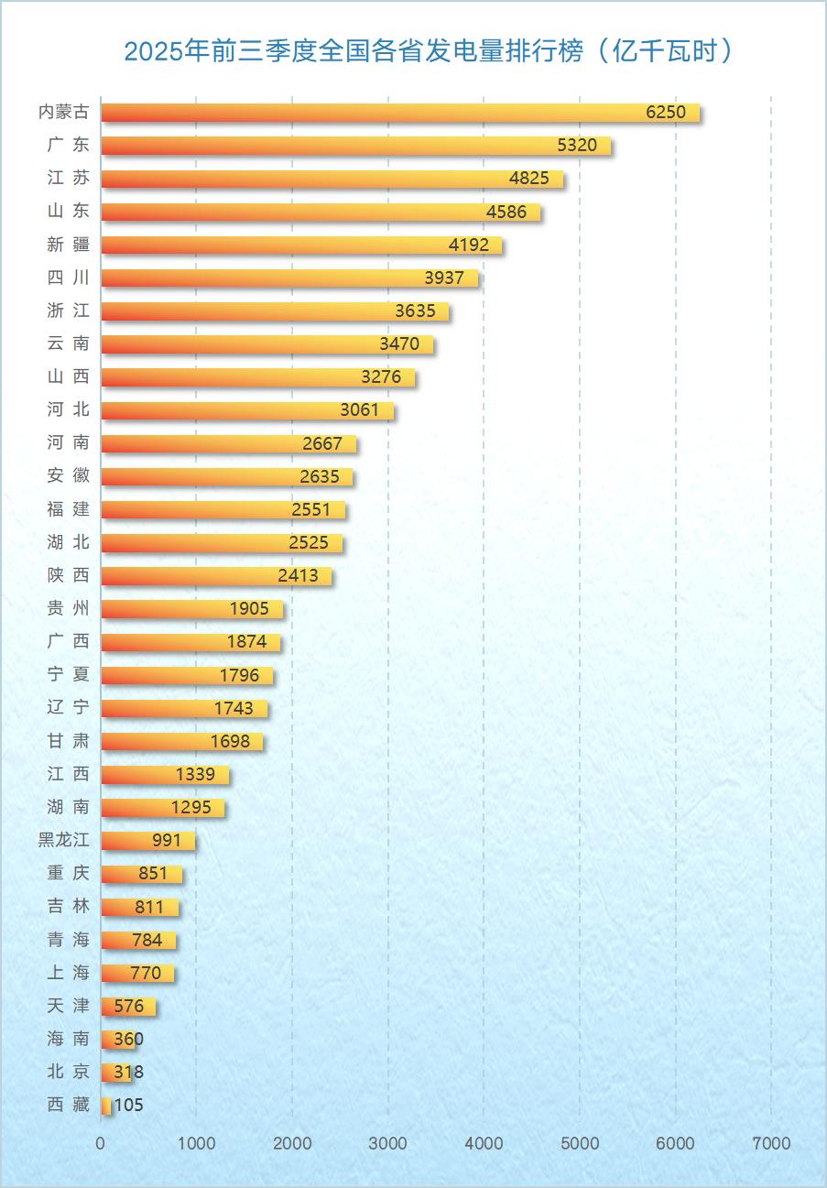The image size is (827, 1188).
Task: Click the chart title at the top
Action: click(429, 51)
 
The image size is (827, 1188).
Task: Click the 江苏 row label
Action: click(69, 179)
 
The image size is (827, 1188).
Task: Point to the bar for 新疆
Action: click(301, 245)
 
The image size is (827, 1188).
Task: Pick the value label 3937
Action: click(444, 278)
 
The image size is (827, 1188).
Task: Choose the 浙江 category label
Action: click(69, 311)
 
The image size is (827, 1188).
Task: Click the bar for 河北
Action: click(247, 410)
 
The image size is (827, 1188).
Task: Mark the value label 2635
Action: click(320, 477)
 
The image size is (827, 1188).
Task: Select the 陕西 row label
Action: click(69, 576)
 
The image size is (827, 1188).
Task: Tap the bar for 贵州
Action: click(191, 609)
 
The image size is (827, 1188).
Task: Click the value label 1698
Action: click(230, 742)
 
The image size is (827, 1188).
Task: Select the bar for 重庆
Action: click(141, 874)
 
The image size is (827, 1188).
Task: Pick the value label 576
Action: click(129, 1007)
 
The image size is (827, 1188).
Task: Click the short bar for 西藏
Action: click(106, 1106)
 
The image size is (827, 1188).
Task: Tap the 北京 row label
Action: click(69, 1073)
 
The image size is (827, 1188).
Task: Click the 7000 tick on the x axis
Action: click(771, 1143)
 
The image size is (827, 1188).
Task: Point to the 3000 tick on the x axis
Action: click(388, 1143)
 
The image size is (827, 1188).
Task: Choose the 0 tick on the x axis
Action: click(101, 1143)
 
